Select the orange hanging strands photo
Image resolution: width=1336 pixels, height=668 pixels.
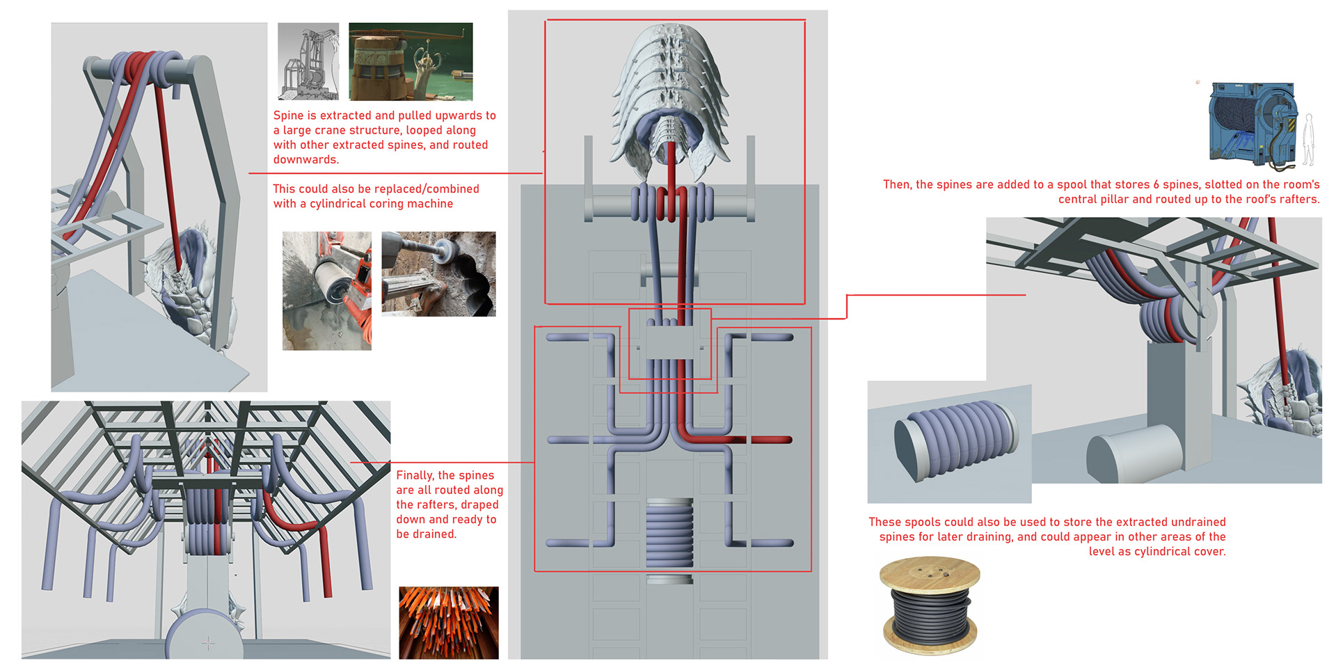[x=449, y=623]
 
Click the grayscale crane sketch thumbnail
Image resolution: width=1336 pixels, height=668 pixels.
[x=308, y=61]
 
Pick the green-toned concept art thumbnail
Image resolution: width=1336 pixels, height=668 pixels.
[x=411, y=61]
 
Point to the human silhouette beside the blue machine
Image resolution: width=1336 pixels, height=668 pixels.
[x=1309, y=140]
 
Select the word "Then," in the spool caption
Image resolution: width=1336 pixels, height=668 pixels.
[x=897, y=184]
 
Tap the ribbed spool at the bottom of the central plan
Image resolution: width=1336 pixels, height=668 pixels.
[x=669, y=532]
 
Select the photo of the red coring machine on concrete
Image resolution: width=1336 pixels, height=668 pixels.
[x=327, y=291]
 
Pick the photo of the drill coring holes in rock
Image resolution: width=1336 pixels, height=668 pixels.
[x=439, y=274]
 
